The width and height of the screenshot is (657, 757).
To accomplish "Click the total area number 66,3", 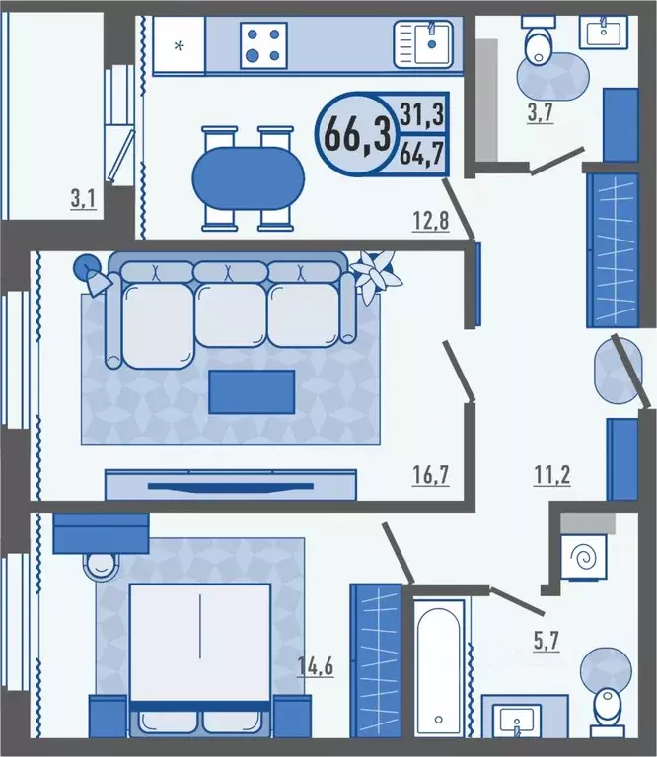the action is point(357,134).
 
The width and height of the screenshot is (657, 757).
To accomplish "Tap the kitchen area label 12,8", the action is point(430,221).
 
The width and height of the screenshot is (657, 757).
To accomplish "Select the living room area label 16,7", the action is point(430,475).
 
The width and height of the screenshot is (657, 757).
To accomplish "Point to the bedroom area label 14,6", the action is point(316,666).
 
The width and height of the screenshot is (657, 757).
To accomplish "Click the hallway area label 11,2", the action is point(551,475).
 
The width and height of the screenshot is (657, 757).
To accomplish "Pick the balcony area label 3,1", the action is point(84,198).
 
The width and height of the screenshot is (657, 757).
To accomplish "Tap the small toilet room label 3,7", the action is point(540,113).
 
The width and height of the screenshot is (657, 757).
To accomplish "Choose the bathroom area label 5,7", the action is point(547,641).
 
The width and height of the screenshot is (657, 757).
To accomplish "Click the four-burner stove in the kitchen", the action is point(263,45).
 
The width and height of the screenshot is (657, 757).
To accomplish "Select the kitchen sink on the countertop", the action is point(423,44).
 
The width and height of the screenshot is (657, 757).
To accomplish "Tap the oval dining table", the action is point(249,178).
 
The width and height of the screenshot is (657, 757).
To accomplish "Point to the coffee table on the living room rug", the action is point(252,391).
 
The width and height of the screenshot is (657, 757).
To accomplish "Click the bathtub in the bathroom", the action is point(439,668).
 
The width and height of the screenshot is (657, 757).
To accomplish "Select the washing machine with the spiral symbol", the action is point(584,557).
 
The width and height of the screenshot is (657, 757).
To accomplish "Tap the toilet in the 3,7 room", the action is point(540,42).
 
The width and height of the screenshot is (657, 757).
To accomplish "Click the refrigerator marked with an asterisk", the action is point(179,46).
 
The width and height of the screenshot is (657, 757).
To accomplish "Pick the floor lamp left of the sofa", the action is point(94,274).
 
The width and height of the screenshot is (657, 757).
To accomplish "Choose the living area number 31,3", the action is point(422,114).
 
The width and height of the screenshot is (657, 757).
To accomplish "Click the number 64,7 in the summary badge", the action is point(422,154).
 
